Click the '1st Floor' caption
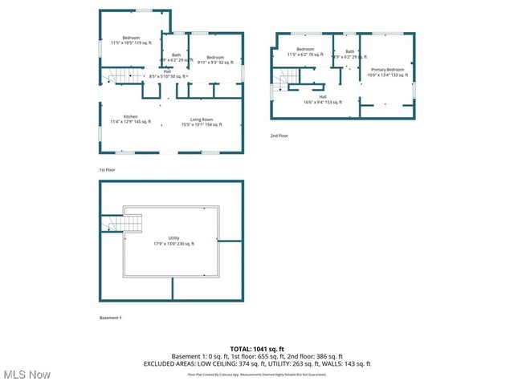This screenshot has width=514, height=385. click(x=108, y=171)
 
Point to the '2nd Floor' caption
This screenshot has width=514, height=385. click(x=279, y=136)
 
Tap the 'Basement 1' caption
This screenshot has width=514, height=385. click(x=110, y=318)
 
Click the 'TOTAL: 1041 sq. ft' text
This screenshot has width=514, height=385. click(x=256, y=349)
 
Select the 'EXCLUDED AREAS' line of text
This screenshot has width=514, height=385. click(x=256, y=363)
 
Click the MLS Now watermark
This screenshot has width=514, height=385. click(x=27, y=375)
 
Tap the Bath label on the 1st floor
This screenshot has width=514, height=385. click(x=176, y=57)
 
